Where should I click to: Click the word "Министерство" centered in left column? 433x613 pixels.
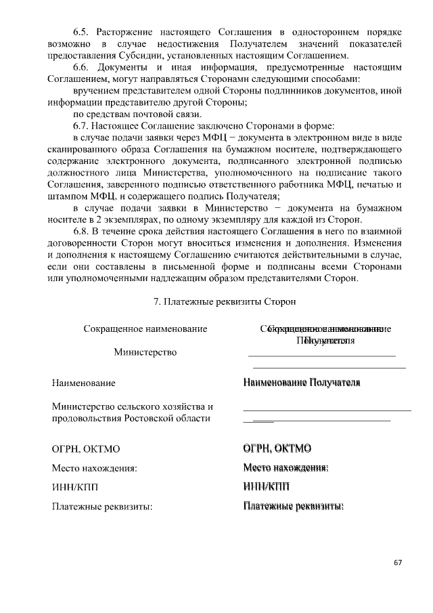coord(145,352)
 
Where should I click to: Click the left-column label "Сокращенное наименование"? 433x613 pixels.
coord(145,329)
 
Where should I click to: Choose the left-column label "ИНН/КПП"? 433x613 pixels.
coord(74,486)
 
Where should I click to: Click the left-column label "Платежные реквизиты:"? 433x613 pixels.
coord(102,505)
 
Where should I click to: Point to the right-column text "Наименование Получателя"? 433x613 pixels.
coord(302,383)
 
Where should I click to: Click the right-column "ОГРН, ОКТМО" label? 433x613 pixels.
coord(277,448)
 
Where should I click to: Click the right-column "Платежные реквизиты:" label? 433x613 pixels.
coord(293,505)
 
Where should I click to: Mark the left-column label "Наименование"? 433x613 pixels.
coord(83,383)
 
